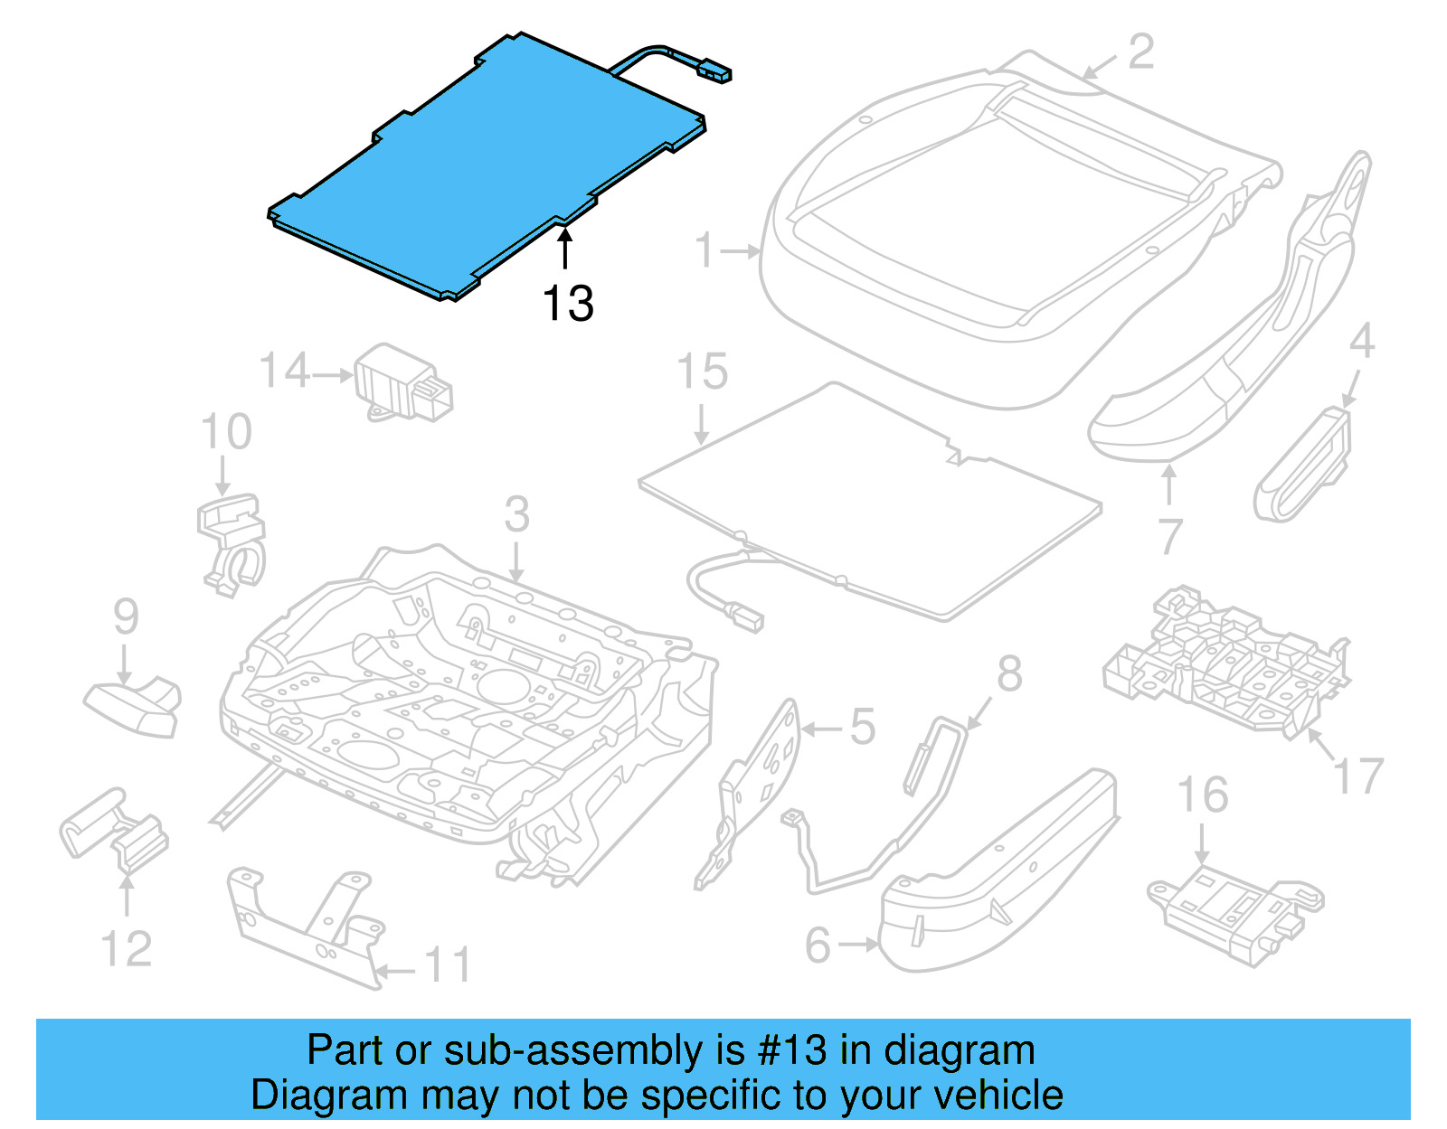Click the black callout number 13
click(568, 304)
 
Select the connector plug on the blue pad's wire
click(715, 71)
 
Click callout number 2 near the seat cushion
click(1141, 52)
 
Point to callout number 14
click(284, 372)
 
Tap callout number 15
click(703, 372)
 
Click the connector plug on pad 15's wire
click(746, 619)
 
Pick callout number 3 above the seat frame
click(516, 514)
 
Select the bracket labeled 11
click(307, 927)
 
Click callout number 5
click(863, 727)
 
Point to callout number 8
click(1009, 674)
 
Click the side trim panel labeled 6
click(995, 877)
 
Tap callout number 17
click(1358, 776)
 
